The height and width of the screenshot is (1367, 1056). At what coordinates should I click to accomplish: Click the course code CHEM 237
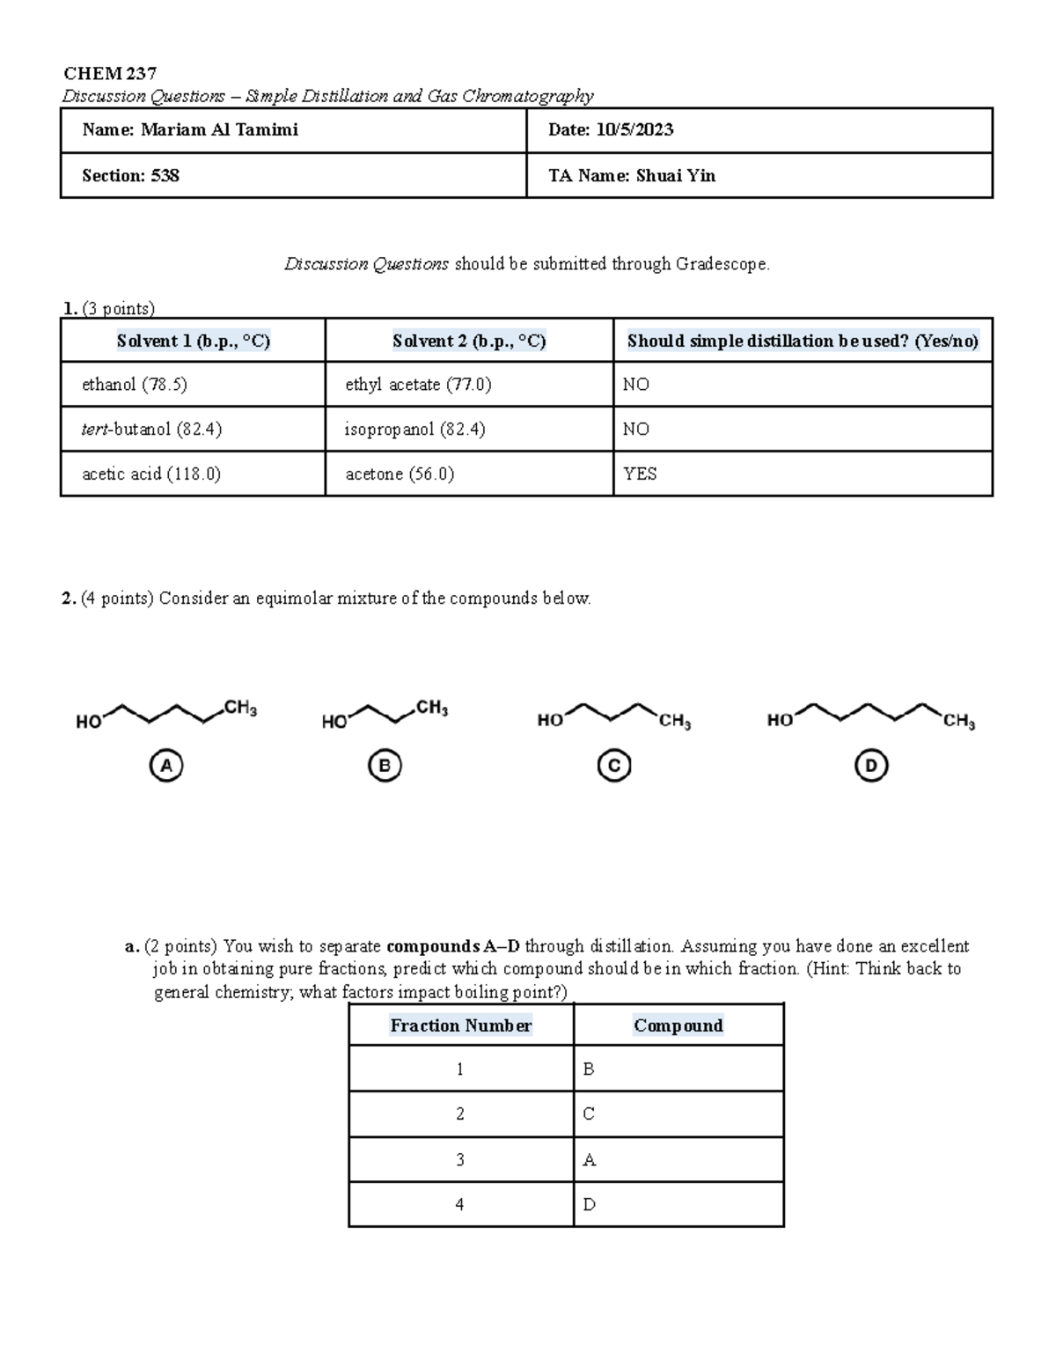(109, 73)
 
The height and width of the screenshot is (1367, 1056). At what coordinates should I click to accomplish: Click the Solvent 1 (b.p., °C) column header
(193, 341)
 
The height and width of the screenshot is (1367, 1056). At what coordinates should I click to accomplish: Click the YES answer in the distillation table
(640, 474)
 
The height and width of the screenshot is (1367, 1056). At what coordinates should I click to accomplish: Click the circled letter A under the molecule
(165, 766)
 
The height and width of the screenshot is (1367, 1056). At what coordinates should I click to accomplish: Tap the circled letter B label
(385, 766)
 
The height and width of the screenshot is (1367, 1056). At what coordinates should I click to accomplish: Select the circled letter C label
(614, 766)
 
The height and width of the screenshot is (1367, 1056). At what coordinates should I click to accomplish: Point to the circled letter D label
(870, 766)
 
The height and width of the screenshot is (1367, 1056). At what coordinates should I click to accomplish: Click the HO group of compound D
(780, 721)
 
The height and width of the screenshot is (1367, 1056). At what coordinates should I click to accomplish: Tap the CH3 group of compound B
(432, 708)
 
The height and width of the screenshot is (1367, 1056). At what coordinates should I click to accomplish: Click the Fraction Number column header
(460, 1025)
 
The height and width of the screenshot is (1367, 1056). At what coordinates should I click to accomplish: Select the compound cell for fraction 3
(678, 1160)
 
